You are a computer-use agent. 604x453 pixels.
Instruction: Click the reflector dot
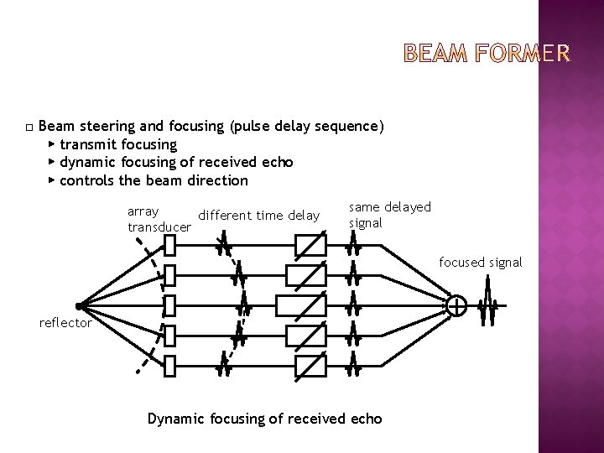77,307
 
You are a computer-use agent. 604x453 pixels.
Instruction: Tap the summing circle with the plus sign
457,307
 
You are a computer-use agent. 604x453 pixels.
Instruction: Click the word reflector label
65,323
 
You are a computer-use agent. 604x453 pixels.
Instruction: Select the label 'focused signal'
481,263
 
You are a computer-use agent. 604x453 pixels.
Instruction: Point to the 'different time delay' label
259,216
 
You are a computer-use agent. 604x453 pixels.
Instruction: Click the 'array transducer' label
159,218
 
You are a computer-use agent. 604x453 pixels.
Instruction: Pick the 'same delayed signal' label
389,215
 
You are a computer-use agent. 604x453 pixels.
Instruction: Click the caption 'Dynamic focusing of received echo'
264,418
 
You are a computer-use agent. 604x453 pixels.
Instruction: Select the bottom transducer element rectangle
169,367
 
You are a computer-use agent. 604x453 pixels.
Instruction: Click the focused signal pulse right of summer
487,307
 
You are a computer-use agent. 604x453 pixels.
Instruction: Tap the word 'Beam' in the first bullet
56,126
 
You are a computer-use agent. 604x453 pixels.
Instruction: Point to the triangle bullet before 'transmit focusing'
52,144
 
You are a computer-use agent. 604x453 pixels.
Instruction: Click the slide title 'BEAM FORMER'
487,56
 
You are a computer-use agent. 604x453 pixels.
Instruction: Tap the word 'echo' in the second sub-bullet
277,162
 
